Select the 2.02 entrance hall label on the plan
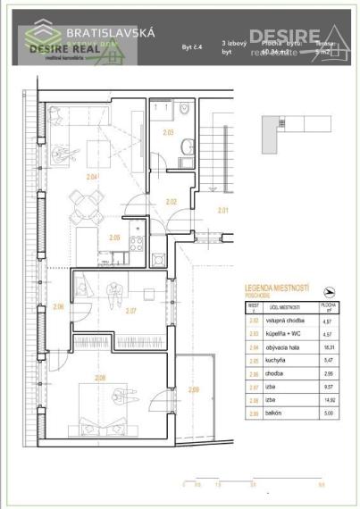click(172, 202)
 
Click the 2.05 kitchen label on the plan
click(113, 238)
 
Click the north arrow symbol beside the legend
click(331, 291)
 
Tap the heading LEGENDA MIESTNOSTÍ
click(277, 288)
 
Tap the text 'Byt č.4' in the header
click(192, 44)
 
